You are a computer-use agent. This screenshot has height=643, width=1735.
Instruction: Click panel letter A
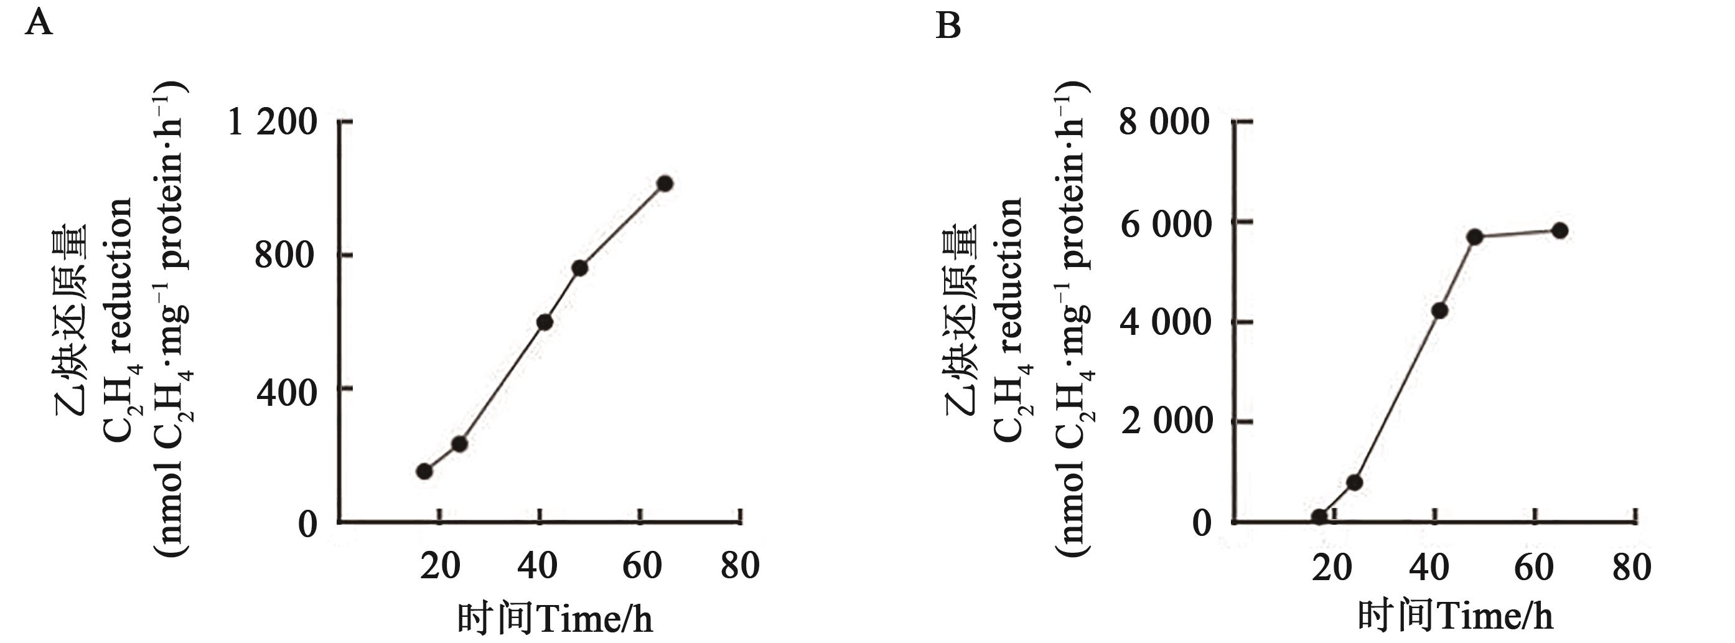click(x=39, y=25)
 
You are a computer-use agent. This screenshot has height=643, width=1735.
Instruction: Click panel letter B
click(x=948, y=27)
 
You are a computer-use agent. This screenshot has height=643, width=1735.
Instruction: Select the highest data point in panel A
click(x=665, y=184)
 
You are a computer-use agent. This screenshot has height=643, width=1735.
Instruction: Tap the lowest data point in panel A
click(x=424, y=471)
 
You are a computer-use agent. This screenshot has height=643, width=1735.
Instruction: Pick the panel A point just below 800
click(x=579, y=268)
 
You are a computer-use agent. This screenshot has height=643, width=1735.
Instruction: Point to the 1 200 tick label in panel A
click(x=273, y=123)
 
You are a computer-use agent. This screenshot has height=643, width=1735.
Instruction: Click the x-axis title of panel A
click(x=555, y=618)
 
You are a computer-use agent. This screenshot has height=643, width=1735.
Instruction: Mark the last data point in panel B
click(x=1560, y=230)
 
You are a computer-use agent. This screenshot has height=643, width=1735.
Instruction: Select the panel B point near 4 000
click(x=1440, y=311)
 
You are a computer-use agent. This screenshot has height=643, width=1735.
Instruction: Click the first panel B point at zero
click(x=1319, y=517)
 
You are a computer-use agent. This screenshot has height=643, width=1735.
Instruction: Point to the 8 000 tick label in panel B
click(x=1164, y=123)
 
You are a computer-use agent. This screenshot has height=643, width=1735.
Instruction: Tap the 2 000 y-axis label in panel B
click(x=1165, y=423)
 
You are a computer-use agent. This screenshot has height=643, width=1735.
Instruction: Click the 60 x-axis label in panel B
click(x=1533, y=568)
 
